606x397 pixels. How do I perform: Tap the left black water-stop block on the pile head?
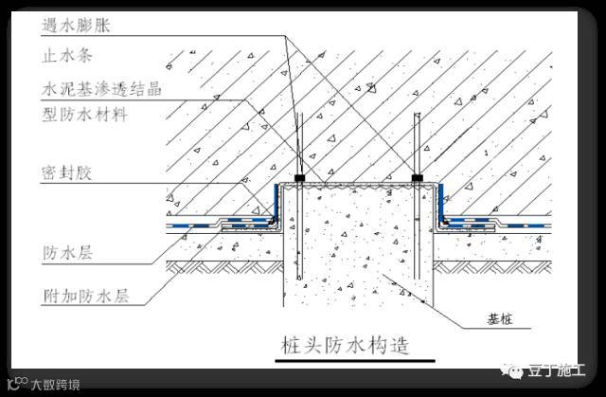(299, 177)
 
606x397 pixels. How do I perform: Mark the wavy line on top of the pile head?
(357, 186)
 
